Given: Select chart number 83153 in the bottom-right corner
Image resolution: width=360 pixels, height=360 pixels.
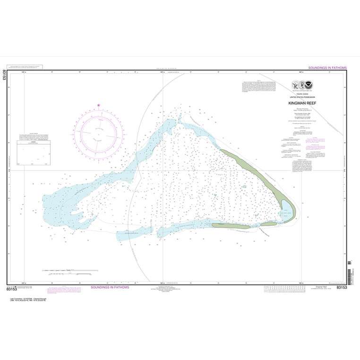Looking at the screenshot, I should (x=343, y=287).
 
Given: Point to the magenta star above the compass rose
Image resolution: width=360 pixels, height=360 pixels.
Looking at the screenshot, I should (x=99, y=105).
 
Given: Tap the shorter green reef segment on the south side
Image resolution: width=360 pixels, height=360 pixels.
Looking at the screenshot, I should (x=269, y=224).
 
